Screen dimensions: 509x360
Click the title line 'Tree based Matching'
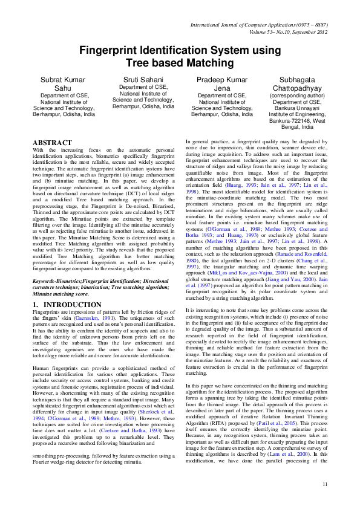coord(180,63)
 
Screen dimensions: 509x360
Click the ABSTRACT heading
coord(51,143)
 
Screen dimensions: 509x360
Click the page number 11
coord(325,484)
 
